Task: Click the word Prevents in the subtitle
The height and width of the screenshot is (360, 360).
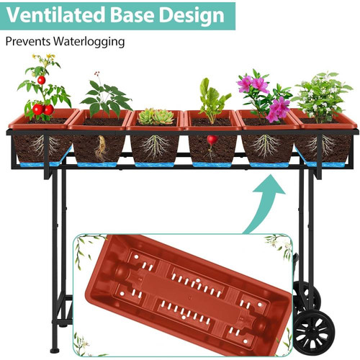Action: coord(28,41)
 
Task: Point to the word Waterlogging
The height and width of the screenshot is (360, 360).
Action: coord(89,42)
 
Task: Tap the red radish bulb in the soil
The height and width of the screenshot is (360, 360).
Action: coord(212,140)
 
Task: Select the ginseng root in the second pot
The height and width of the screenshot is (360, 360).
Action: coord(101,148)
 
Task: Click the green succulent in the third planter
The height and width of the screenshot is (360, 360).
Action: coord(156,117)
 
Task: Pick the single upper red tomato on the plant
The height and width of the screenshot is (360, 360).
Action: coord(41,80)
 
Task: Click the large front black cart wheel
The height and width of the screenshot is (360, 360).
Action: coord(315,333)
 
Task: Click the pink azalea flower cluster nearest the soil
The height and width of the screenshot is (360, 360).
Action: coord(279,109)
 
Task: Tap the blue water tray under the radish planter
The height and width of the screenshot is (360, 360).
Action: coord(211,164)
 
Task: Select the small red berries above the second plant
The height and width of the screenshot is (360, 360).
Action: coord(96,74)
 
